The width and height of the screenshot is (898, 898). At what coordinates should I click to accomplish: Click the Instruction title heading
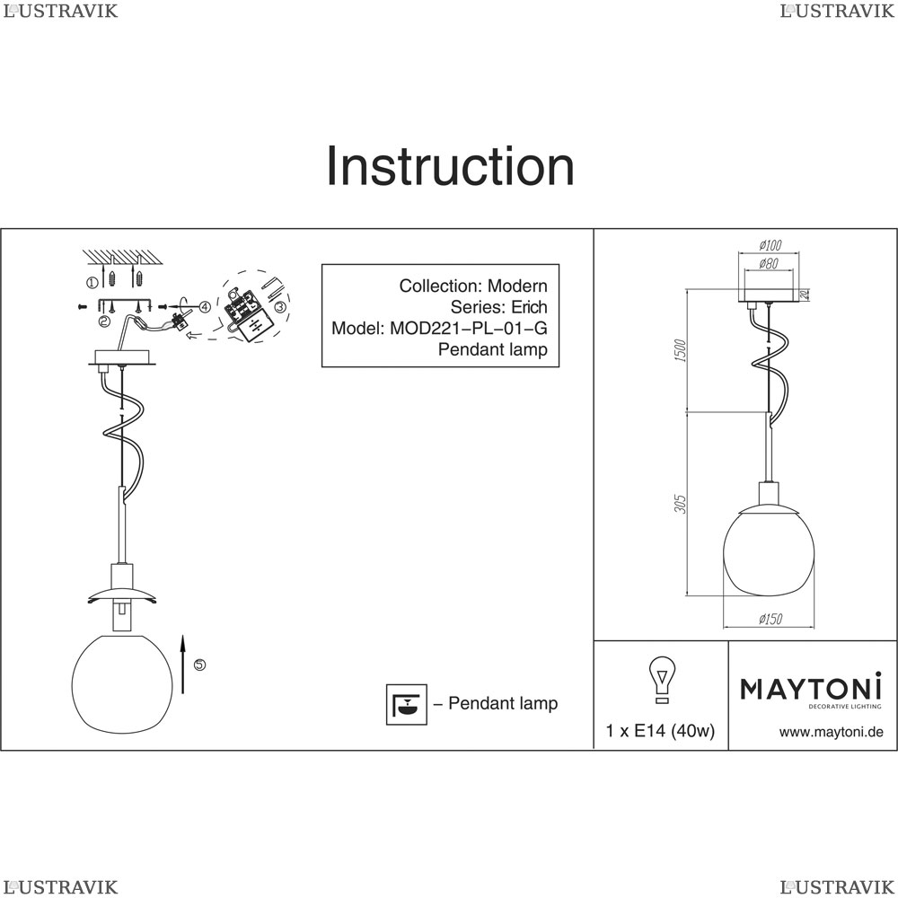click(x=449, y=167)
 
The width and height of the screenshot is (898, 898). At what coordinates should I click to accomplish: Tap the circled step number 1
click(x=92, y=282)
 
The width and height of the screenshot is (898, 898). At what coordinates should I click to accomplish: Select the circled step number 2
click(x=104, y=321)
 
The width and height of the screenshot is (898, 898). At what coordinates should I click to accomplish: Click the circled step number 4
click(x=205, y=306)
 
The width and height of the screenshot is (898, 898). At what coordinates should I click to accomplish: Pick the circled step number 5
click(x=199, y=665)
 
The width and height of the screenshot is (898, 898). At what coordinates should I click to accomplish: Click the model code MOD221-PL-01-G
click(x=468, y=329)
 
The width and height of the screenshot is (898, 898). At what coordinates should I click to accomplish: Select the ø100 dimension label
click(x=770, y=244)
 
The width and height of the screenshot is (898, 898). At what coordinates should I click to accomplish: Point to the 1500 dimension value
click(x=680, y=351)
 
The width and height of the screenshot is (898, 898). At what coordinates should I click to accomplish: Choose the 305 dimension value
click(x=680, y=504)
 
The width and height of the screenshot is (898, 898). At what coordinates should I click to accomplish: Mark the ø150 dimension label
click(x=770, y=619)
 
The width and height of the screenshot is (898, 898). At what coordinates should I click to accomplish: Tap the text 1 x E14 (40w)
click(x=660, y=731)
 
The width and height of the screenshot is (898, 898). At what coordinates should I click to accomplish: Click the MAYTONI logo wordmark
click(x=810, y=689)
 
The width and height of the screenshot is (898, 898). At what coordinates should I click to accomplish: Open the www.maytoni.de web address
click(x=831, y=732)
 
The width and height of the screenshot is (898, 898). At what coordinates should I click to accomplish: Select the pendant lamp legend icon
click(x=404, y=704)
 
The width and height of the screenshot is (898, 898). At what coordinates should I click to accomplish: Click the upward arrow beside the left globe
click(x=182, y=663)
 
